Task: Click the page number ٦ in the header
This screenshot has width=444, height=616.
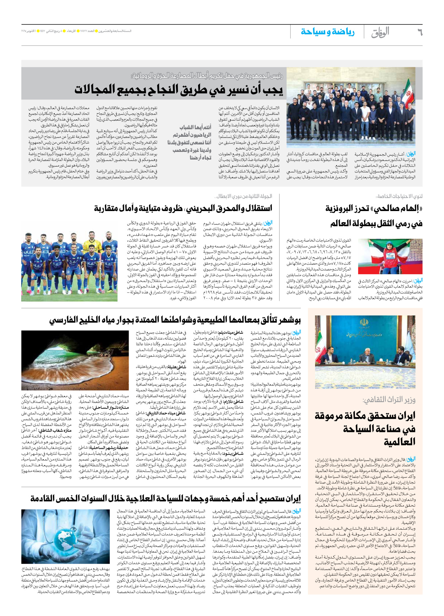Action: coord(419,32)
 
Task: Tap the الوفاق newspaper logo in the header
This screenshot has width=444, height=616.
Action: coord(380,32)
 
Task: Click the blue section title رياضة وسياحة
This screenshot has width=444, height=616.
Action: coord(327,32)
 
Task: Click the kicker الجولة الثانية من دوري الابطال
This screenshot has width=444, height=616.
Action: coord(244,196)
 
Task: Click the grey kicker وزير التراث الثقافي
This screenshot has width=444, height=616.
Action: coord(389,400)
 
